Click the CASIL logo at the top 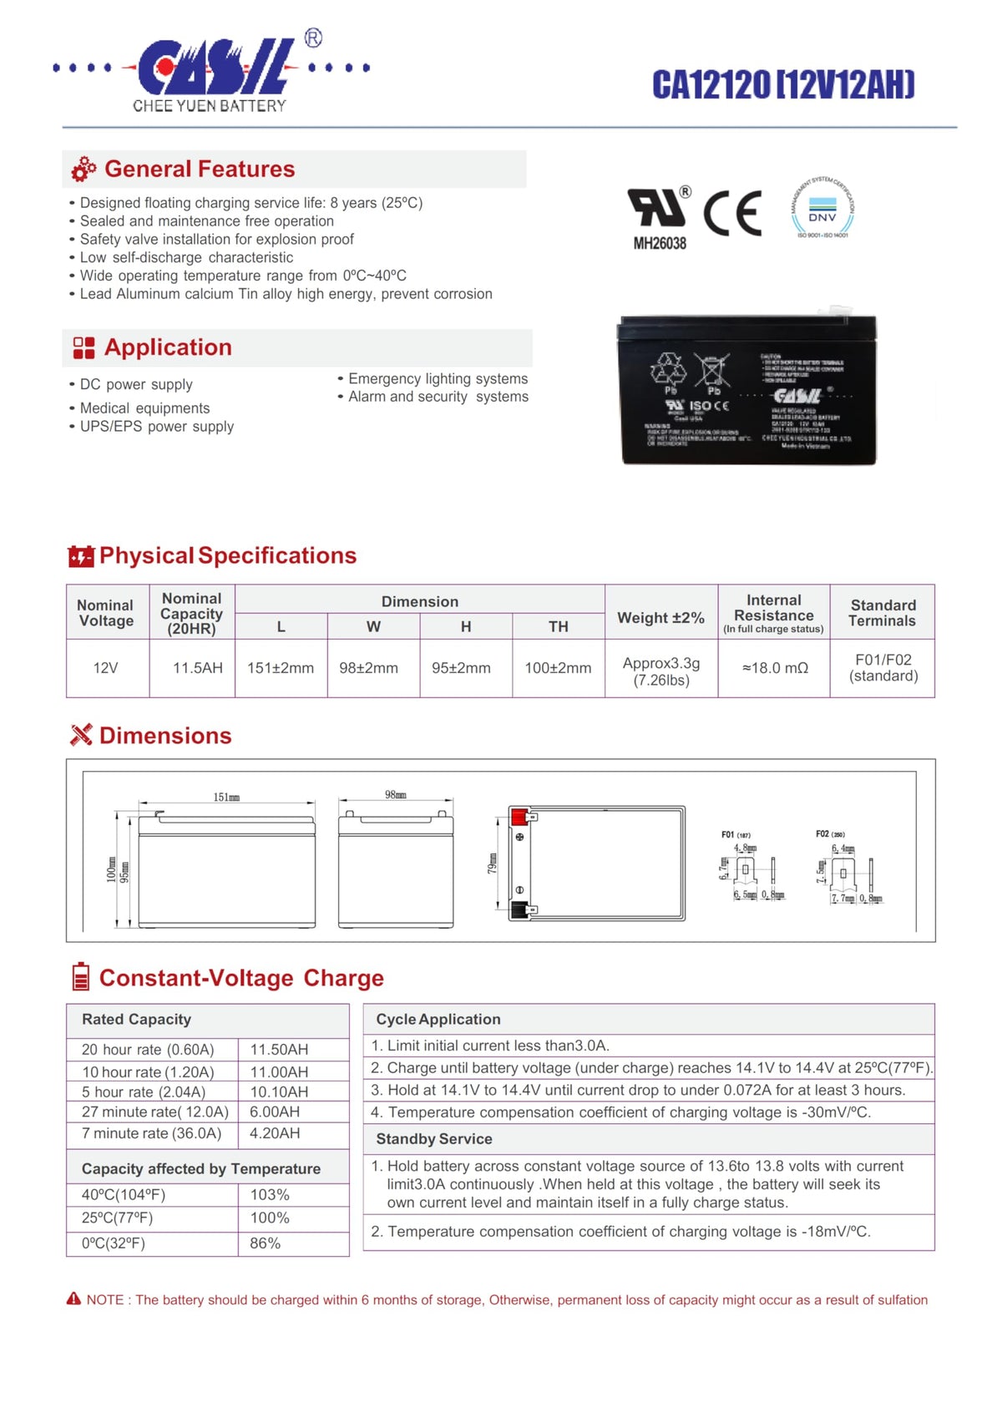coord(213,68)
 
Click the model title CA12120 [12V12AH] coord(783,85)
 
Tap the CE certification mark coord(732,213)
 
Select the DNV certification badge coord(822,209)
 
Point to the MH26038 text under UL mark coord(660,244)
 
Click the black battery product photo coord(747,390)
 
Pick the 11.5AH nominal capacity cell coord(198,668)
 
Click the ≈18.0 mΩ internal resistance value coord(775,668)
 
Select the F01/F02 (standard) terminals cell coord(883,668)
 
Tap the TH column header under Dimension coord(559,626)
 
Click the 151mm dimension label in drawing coord(226,798)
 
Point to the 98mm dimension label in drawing coord(396,795)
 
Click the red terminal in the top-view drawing coord(519,816)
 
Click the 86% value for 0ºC coord(266,1243)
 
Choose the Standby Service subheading coord(434,1139)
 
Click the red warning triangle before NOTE coord(74,1299)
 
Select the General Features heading coord(200,170)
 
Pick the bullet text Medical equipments coord(144,408)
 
